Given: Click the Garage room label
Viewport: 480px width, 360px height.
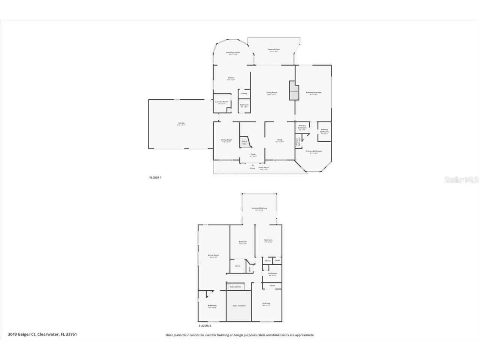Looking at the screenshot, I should pyautogui.click(x=181, y=123).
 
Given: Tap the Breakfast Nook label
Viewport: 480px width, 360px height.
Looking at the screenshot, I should pyautogui.click(x=233, y=53).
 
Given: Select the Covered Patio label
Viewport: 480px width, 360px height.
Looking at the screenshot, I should pyautogui.click(x=273, y=49).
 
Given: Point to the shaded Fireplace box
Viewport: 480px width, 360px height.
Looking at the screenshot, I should pyautogui.click(x=294, y=91).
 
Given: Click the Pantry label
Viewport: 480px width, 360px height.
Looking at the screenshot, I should pyautogui.click(x=244, y=93).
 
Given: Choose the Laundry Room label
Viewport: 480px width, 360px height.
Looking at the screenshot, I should pyautogui.click(x=222, y=102).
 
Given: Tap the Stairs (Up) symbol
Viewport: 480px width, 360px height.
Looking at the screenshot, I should pyautogui.click(x=244, y=142).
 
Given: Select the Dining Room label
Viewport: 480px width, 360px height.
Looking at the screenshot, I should pyautogui.click(x=226, y=140).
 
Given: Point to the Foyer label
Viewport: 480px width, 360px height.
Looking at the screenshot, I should pyautogui.click(x=253, y=154).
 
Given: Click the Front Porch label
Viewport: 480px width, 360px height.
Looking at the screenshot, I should pyautogui.click(x=263, y=168).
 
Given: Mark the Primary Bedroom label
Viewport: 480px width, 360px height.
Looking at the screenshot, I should pyautogui.click(x=313, y=93).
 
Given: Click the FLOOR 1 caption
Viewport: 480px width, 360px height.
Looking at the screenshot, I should pyautogui.click(x=155, y=178).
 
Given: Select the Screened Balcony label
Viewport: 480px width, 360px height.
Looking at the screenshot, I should pyautogui.click(x=259, y=208).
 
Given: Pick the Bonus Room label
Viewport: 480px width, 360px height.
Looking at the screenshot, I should pyautogui.click(x=213, y=255).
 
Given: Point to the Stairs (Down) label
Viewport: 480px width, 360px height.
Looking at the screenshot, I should pyautogui.click(x=235, y=287).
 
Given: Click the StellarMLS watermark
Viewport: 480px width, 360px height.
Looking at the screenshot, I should pyautogui.click(x=461, y=180).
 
